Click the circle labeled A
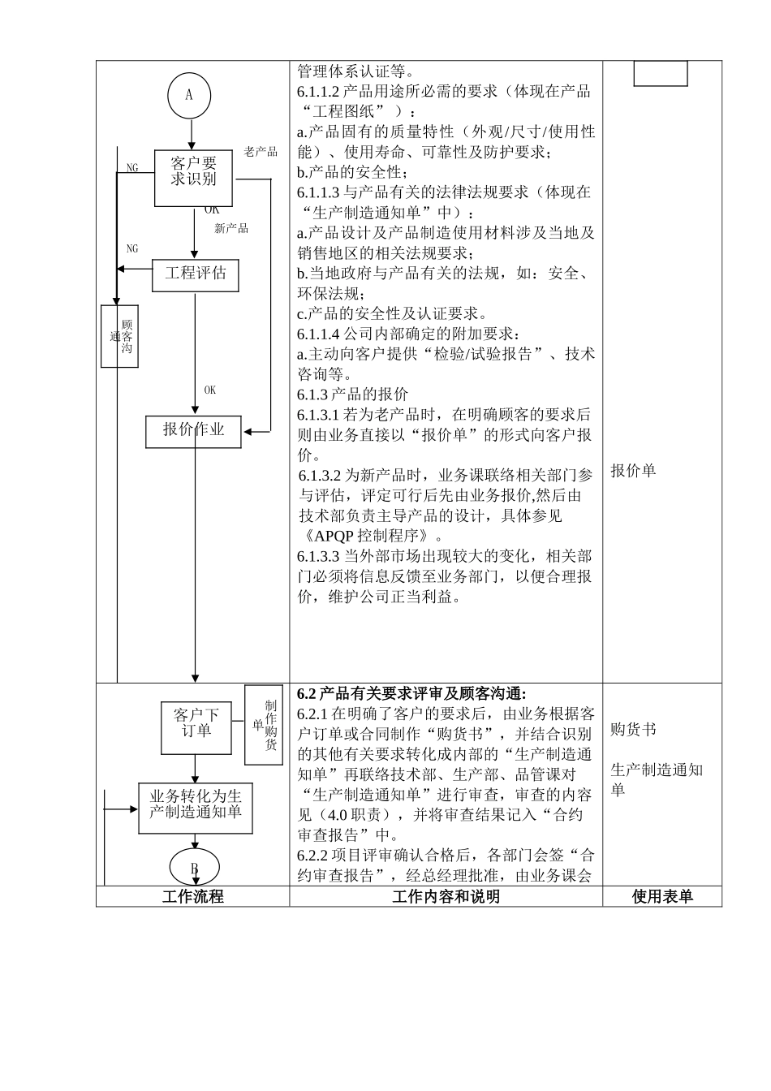[x=189, y=95]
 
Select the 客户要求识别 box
[x=193, y=178]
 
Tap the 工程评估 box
[x=196, y=274]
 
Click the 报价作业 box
[x=193, y=430]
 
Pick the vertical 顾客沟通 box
[x=119, y=336]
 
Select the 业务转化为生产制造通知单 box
[x=195, y=808]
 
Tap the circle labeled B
[x=194, y=867]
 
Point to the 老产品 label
[x=261, y=152]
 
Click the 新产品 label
[x=231, y=229]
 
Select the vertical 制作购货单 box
[x=265, y=725]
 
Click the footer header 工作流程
[x=192, y=896]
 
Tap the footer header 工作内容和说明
[x=446, y=896]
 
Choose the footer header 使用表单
[x=662, y=896]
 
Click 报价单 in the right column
[x=633, y=471]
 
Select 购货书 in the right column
[x=633, y=730]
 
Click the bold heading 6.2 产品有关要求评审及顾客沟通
[x=411, y=693]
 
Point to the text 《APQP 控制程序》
[x=371, y=536]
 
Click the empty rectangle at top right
[x=660, y=73]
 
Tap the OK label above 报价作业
[x=210, y=390]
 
